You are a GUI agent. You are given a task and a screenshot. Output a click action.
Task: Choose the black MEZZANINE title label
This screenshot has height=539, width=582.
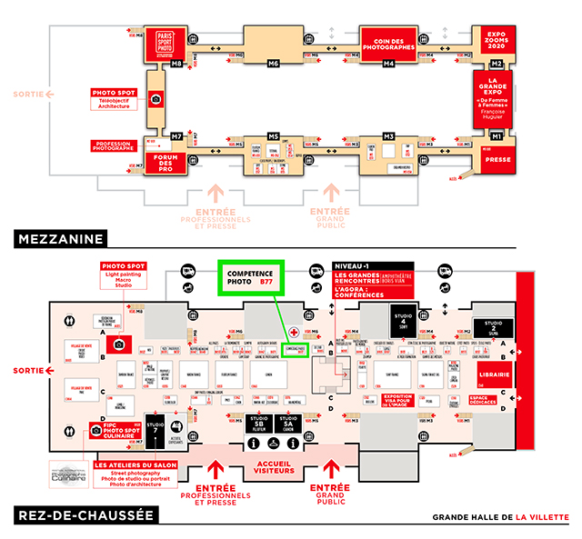[x=61, y=239]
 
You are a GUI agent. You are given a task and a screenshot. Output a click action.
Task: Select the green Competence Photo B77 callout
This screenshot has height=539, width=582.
[x=251, y=276]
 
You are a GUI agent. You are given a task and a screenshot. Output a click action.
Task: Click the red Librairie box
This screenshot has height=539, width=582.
[x=494, y=374]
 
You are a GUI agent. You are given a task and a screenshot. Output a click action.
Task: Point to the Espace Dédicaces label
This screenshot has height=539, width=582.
[x=489, y=400]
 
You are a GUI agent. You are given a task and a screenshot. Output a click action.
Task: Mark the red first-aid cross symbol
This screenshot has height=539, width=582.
[x=294, y=333]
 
